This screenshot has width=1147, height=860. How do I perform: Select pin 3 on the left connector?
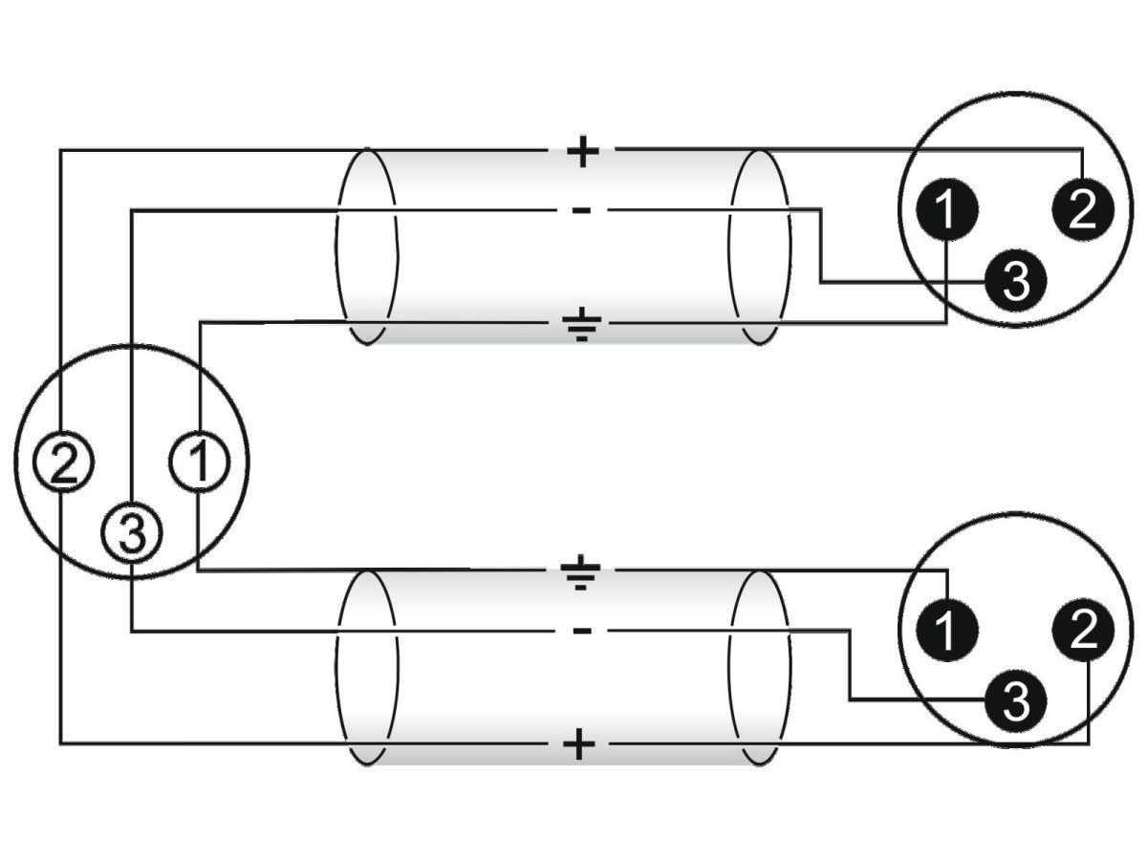(x=132, y=534)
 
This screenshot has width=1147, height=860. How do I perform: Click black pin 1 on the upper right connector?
(x=945, y=210)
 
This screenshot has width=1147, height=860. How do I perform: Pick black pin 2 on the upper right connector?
(x=1082, y=210)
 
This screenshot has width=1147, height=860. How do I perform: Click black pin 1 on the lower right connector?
(x=945, y=631)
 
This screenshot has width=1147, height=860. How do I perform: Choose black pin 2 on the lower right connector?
(x=1082, y=631)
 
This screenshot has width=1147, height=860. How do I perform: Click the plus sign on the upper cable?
(x=582, y=151)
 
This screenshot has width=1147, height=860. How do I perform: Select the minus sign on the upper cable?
(x=582, y=209)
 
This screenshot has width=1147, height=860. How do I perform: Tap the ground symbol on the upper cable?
(x=582, y=325)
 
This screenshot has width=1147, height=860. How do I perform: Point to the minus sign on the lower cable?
(x=582, y=631)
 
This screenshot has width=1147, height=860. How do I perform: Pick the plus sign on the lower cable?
(x=577, y=743)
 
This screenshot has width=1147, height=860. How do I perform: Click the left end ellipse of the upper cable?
(x=367, y=246)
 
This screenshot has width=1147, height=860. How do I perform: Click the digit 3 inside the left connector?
(x=132, y=534)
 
